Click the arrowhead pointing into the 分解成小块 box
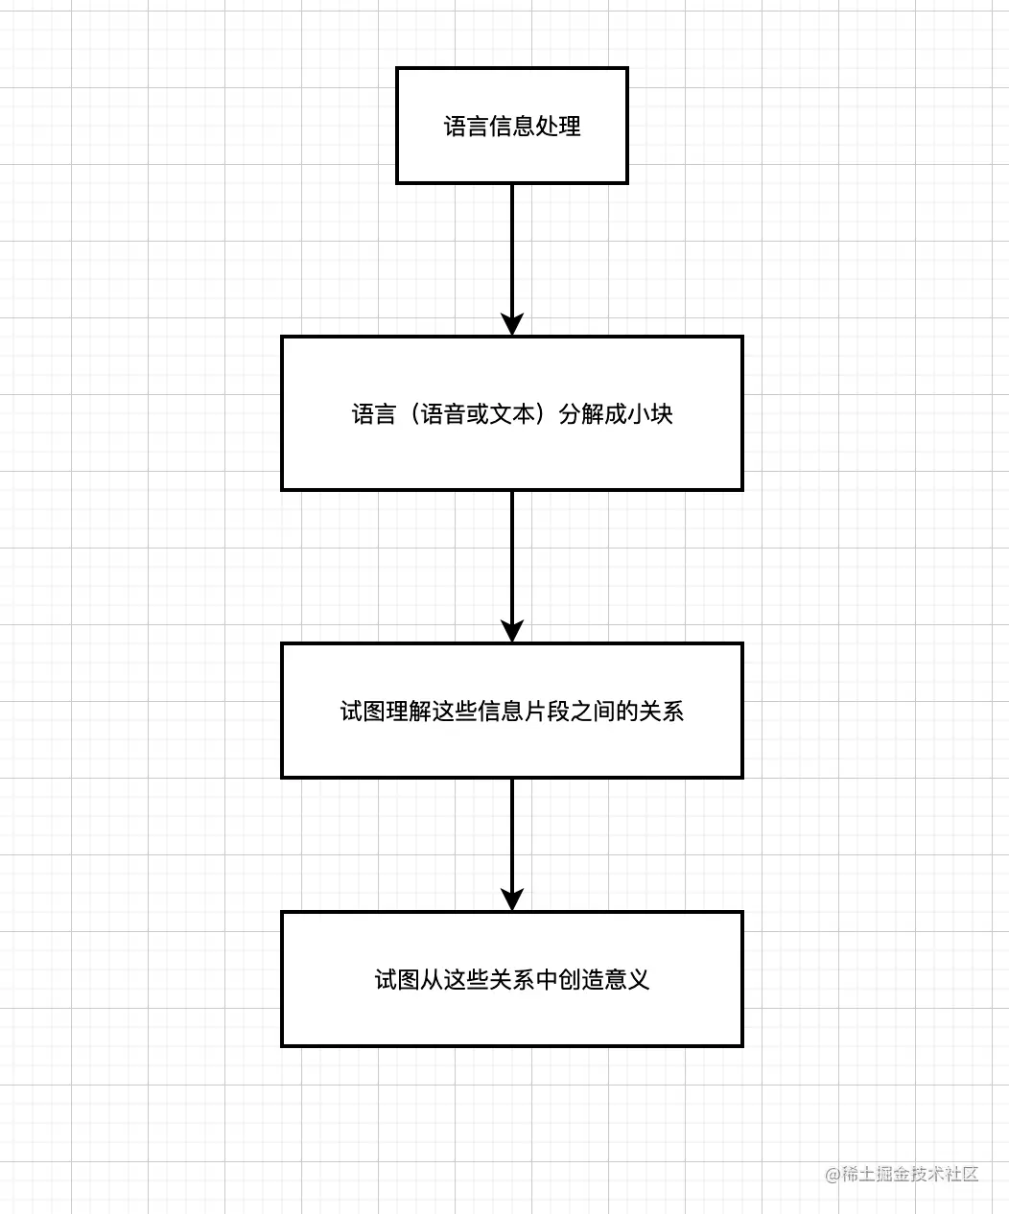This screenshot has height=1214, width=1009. pyautogui.click(x=512, y=324)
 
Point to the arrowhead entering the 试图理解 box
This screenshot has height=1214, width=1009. pyautogui.click(x=512, y=631)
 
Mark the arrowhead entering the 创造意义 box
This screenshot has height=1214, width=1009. pyautogui.click(x=512, y=899)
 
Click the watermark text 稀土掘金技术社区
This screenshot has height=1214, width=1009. pyautogui.click(x=910, y=1174)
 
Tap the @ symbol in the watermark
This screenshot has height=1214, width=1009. pyautogui.click(x=833, y=1175)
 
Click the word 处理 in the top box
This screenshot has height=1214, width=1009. pyautogui.click(x=558, y=127)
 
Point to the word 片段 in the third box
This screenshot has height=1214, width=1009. pyautogui.click(x=546, y=712)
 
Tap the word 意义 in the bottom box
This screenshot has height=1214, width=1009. pyautogui.click(x=627, y=980)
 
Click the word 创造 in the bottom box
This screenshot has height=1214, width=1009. pyautogui.click(x=581, y=980)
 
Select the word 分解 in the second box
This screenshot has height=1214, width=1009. pyautogui.click(x=581, y=414)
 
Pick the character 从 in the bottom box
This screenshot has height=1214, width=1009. pyautogui.click(x=432, y=980)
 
